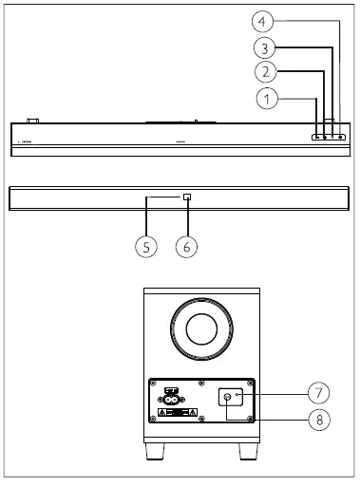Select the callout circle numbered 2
268,71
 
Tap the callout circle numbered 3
268,45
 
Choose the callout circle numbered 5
145,246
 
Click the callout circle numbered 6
187,246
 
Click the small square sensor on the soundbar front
187,198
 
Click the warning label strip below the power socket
176,413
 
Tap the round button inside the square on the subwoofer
229,397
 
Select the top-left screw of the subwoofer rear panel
152,384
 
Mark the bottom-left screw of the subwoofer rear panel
152,419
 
